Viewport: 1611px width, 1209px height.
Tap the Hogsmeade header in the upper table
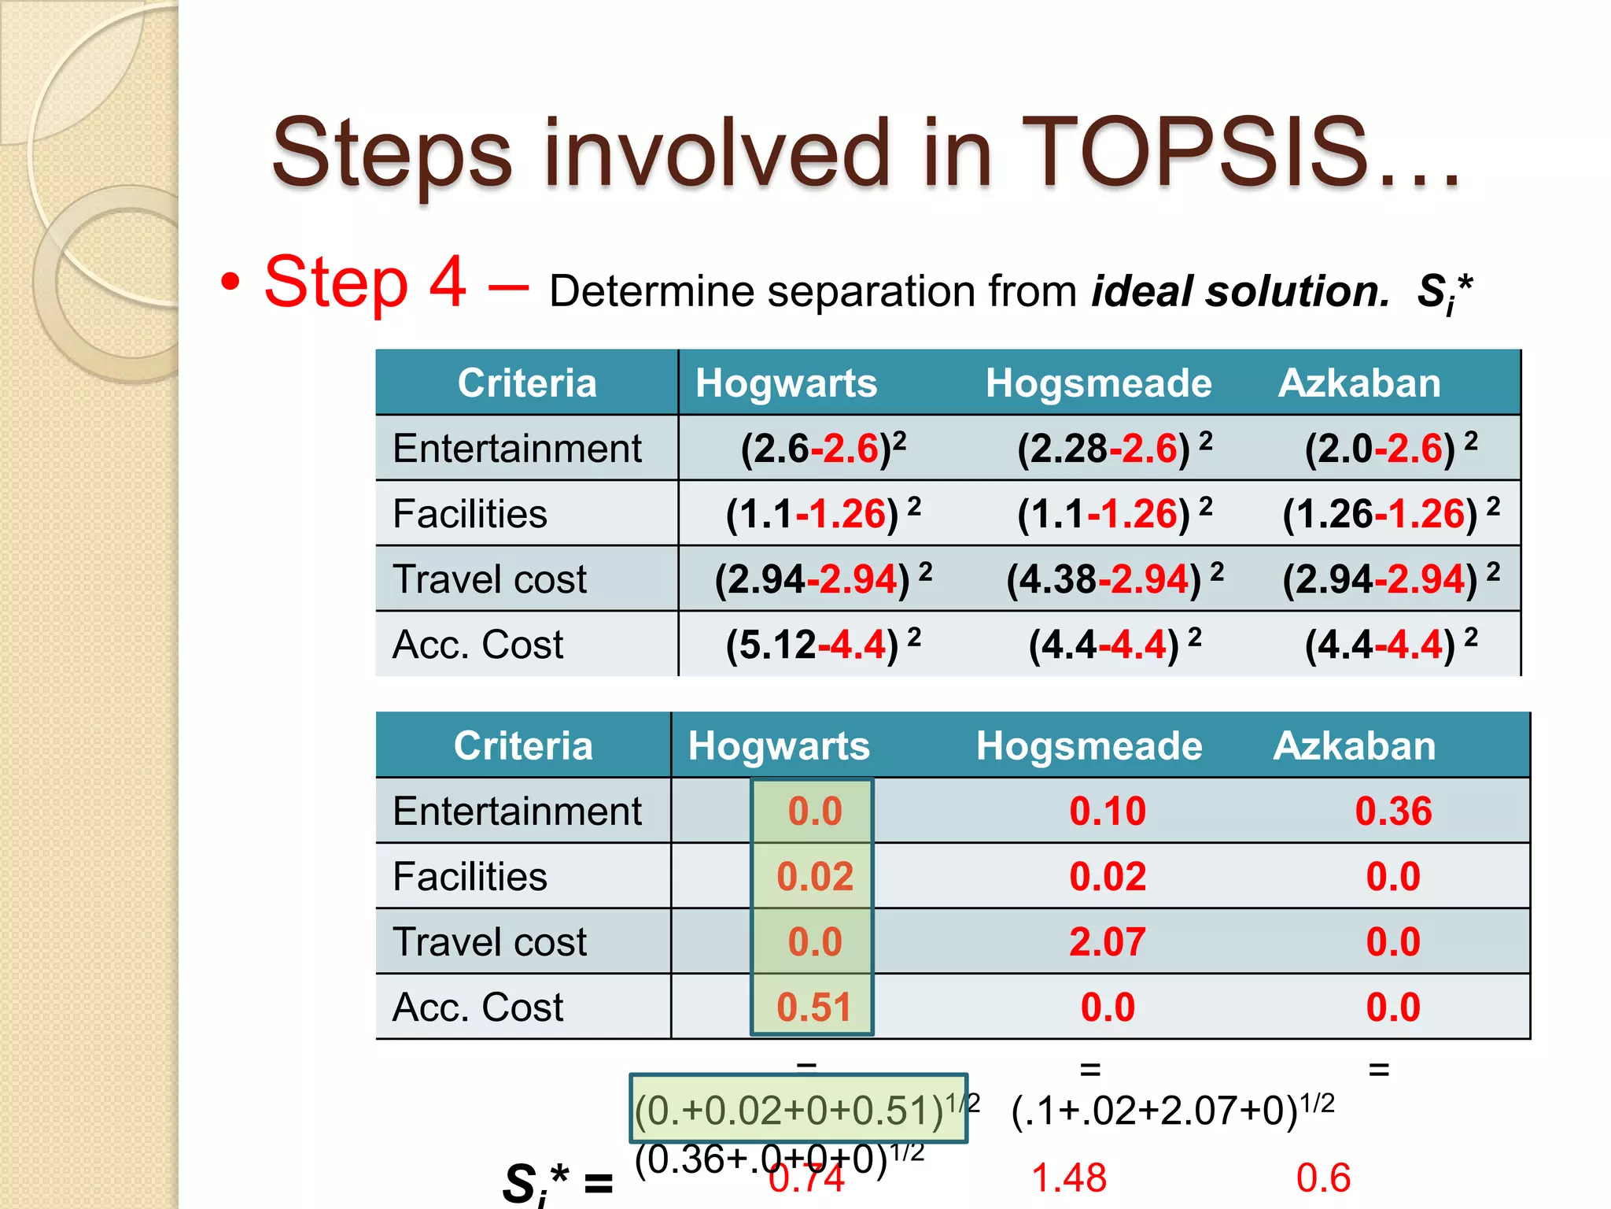(1098, 383)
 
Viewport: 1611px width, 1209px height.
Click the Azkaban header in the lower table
(1354, 745)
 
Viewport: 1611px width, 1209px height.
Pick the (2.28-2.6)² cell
(1113, 449)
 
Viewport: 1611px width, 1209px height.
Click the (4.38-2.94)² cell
(1114, 579)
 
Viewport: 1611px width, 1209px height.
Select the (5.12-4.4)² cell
(822, 645)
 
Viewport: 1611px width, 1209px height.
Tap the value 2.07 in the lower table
(1107, 942)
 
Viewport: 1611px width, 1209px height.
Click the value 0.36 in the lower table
(1393, 812)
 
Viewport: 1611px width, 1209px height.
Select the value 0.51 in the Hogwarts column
(814, 1007)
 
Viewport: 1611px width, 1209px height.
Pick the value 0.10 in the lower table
(1107, 812)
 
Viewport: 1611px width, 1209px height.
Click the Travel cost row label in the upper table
(489, 579)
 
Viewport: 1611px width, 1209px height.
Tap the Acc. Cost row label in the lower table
(477, 1007)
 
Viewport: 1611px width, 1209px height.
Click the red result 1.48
(1068, 1178)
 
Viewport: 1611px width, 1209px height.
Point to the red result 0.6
(1323, 1178)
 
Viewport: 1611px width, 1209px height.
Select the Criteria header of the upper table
(527, 383)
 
